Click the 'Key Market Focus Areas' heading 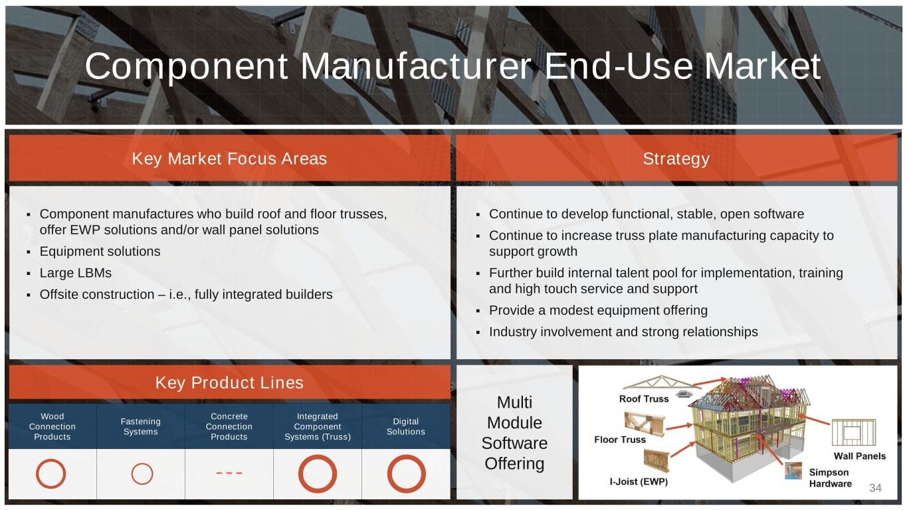click(x=229, y=159)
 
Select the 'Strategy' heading click(x=676, y=159)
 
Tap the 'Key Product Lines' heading click(x=229, y=382)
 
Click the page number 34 click(x=875, y=487)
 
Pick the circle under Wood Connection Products click(x=37, y=473)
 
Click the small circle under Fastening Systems click(x=132, y=474)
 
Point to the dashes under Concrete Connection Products click(x=229, y=473)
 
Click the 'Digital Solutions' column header click(x=406, y=426)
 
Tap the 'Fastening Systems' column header click(x=140, y=426)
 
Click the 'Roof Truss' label click(x=644, y=398)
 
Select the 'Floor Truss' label click(x=620, y=440)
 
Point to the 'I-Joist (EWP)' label click(x=639, y=481)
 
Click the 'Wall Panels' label click(x=860, y=456)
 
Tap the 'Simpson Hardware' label click(x=830, y=478)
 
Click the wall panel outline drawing click(x=833, y=432)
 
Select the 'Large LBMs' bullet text click(x=75, y=273)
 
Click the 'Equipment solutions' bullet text click(x=100, y=252)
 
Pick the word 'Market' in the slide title click(x=762, y=66)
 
